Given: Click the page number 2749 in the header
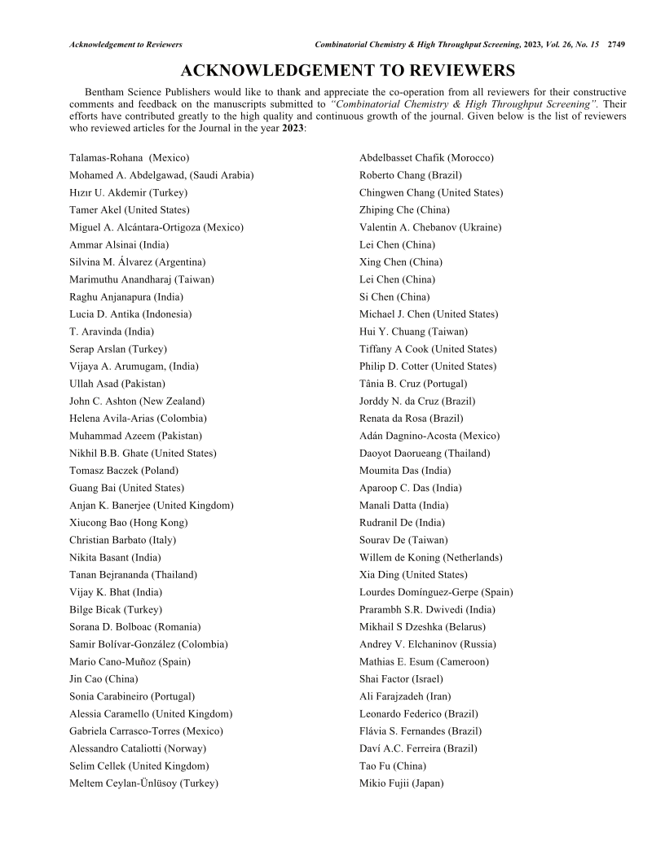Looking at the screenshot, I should (x=615, y=44).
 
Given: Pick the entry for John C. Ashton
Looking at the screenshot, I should (x=137, y=401).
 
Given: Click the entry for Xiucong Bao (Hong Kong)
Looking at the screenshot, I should (x=129, y=523).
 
